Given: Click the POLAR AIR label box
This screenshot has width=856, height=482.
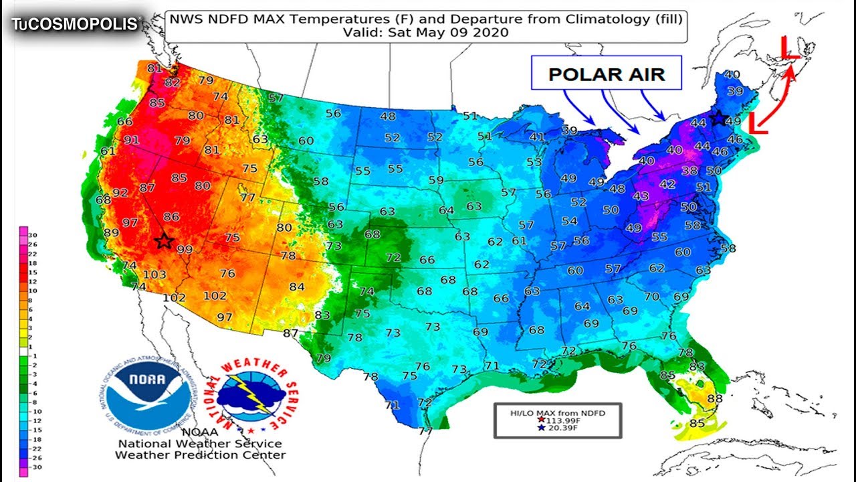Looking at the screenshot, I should click(606, 73).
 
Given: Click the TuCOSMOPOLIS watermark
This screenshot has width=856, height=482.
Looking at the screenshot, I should click(75, 24).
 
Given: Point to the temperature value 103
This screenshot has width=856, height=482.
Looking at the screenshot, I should click(154, 274).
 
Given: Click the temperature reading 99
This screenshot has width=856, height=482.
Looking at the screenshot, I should click(185, 250).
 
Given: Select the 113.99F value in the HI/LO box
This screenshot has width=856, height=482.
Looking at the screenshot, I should click(562, 420).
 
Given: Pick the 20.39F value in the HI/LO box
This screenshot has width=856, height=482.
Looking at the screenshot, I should click(561, 428).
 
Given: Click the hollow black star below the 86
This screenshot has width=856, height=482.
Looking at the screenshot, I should click(163, 241).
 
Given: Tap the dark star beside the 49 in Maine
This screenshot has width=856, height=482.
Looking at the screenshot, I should click(718, 118).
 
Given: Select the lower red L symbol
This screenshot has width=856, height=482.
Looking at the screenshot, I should click(756, 123).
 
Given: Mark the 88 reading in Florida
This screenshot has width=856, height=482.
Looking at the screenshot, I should click(715, 399).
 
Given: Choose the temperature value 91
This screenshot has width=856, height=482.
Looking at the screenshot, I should click(131, 140).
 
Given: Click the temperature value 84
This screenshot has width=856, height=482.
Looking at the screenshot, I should click(297, 287).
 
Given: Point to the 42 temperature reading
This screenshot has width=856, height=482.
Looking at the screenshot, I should click(667, 184).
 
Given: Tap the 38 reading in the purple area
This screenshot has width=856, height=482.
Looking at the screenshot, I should click(689, 171).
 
